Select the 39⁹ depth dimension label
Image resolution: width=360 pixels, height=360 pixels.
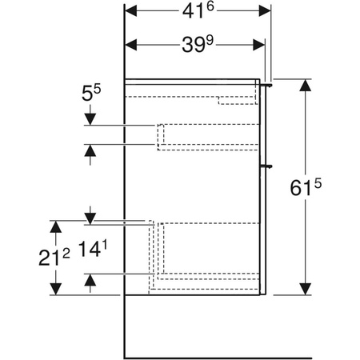(197, 46)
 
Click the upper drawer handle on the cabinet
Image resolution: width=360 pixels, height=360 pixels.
(269, 82)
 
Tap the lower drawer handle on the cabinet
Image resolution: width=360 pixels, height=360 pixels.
(269, 166)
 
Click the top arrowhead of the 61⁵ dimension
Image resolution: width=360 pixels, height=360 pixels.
(304, 85)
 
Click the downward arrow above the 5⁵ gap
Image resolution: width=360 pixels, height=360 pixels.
(90, 119)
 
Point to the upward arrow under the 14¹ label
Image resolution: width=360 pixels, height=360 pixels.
(90, 279)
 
